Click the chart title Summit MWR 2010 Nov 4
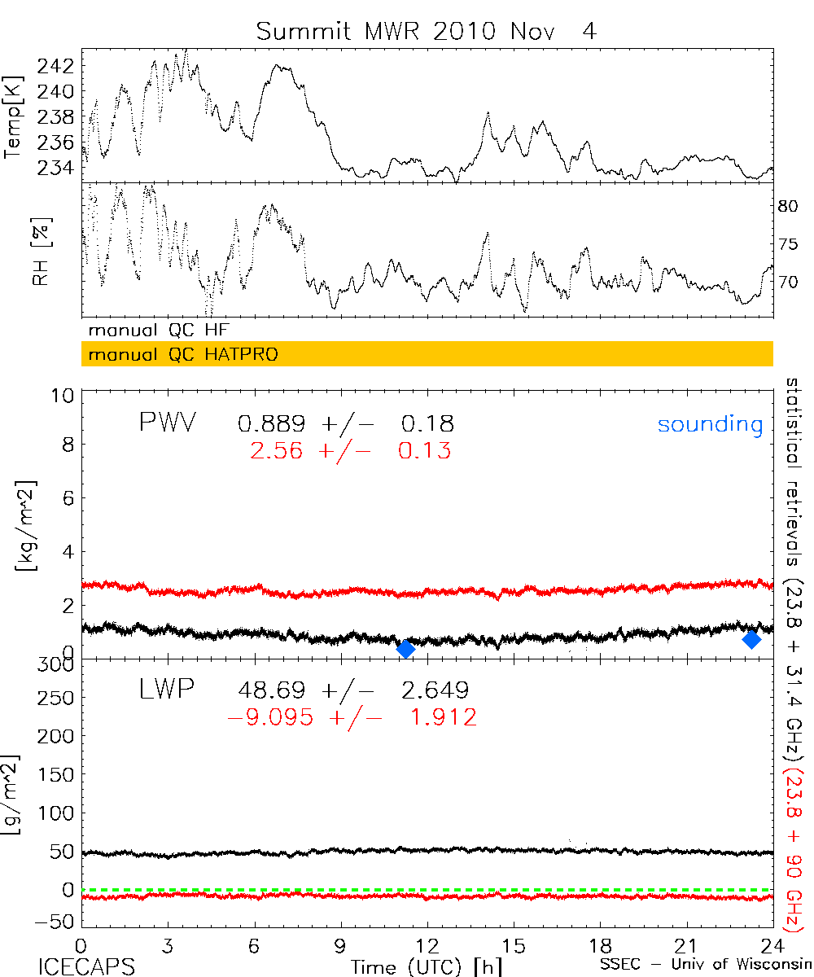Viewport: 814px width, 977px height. click(427, 33)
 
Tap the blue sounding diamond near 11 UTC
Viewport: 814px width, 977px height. click(405, 648)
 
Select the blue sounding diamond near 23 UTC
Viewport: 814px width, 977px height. click(752, 640)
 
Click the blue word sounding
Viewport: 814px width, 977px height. click(711, 425)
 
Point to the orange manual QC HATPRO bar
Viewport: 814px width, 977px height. click(427, 354)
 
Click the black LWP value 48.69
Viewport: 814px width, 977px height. click(271, 691)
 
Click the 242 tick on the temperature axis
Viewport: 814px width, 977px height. click(59, 66)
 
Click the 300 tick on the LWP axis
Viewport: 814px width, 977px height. click(59, 667)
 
